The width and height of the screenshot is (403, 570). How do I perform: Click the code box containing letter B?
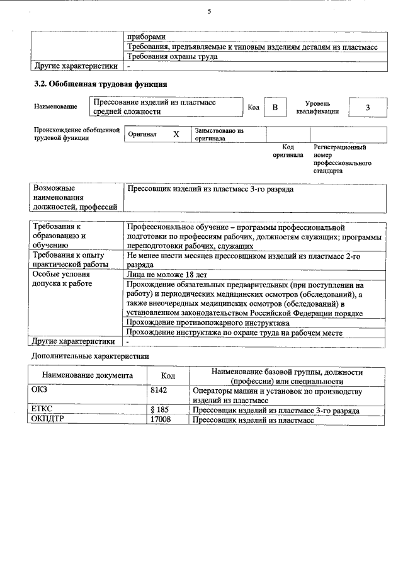[x=275, y=108]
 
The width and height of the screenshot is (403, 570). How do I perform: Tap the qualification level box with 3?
[x=367, y=108]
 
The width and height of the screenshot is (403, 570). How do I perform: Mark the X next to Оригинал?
[x=176, y=134]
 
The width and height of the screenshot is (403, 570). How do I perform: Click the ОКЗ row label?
[x=39, y=391]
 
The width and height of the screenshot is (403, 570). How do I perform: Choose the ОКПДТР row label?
[x=48, y=419]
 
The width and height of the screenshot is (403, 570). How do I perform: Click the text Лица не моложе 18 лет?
[x=167, y=275]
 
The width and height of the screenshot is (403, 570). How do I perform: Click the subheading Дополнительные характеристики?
[x=90, y=356]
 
